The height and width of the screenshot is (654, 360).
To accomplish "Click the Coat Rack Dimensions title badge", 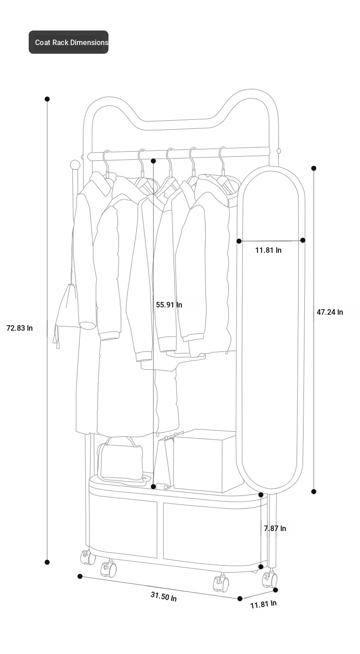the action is click(x=68, y=42).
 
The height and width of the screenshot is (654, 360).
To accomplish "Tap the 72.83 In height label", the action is click(x=20, y=328).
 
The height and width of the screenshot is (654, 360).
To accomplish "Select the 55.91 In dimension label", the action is click(x=169, y=305).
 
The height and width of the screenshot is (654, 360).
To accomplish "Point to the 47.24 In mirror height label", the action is click(x=330, y=312).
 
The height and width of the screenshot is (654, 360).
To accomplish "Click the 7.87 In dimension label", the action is click(x=275, y=528).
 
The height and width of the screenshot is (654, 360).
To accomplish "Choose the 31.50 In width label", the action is click(x=164, y=596).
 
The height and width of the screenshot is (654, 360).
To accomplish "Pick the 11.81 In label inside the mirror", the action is click(x=268, y=250).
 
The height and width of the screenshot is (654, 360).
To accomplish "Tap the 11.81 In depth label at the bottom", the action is click(x=263, y=604).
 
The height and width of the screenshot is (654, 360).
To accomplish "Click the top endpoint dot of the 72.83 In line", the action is click(x=47, y=99).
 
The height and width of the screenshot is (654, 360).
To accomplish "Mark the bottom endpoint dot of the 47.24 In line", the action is click(x=314, y=492).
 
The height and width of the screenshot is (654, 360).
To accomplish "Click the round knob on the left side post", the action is click(x=75, y=165).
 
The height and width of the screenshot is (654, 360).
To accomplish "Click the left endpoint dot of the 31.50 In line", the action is click(x=80, y=576).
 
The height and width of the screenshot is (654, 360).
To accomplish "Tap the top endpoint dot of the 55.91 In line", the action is click(x=154, y=161).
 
